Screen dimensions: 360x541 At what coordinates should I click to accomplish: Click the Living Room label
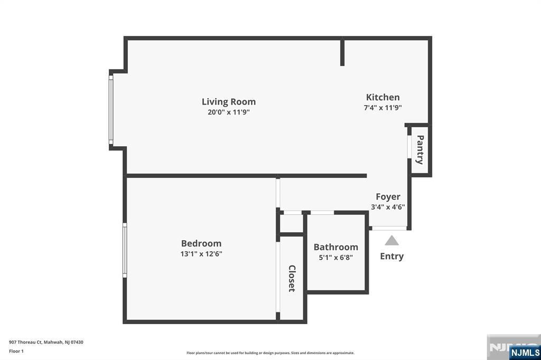point(228,102)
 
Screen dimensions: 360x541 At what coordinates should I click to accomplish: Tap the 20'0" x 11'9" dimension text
point(228,112)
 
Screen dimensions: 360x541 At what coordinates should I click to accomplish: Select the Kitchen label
point(383,97)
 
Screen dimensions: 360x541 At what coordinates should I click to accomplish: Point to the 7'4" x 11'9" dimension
point(383,107)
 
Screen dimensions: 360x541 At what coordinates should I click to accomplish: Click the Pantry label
point(420,149)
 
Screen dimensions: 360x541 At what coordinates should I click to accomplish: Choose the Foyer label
point(388,197)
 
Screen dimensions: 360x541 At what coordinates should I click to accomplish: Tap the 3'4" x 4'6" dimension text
point(388,207)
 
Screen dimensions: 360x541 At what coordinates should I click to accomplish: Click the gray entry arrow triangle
point(391,241)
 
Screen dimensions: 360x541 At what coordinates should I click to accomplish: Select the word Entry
point(391,256)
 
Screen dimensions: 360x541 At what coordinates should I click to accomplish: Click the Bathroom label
point(335,247)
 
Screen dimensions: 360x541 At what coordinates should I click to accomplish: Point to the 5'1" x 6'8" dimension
point(335,258)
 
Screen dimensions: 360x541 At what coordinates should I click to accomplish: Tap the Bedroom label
point(201,243)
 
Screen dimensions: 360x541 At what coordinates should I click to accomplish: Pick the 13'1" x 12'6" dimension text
point(201,253)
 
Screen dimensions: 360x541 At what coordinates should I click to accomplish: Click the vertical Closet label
point(292,278)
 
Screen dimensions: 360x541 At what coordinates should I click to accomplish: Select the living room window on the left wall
point(111,109)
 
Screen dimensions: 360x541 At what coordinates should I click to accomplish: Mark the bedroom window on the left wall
point(125,250)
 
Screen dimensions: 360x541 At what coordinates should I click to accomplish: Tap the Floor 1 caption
point(16,350)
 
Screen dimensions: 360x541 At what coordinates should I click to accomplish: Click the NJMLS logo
point(525,352)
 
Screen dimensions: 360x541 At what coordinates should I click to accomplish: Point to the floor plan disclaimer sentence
point(270,353)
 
